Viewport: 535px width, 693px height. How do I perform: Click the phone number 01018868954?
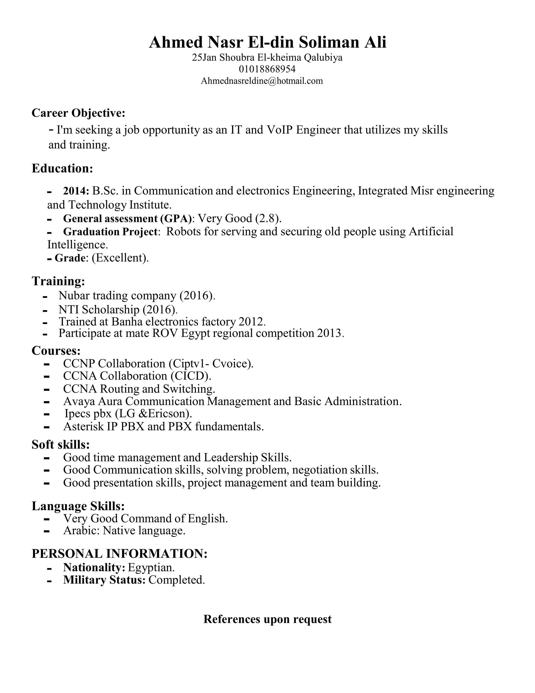pos(267,69)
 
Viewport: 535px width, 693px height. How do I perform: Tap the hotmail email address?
pos(262,81)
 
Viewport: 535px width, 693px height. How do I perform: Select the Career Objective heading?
pos(78,113)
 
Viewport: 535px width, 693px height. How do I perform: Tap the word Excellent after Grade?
pos(120,258)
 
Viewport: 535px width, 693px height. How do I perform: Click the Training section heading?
pos(58,281)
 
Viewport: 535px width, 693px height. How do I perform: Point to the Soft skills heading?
pos(61,445)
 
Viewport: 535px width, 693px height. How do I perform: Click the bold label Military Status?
pos(104,580)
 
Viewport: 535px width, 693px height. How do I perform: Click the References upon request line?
pos(267,619)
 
